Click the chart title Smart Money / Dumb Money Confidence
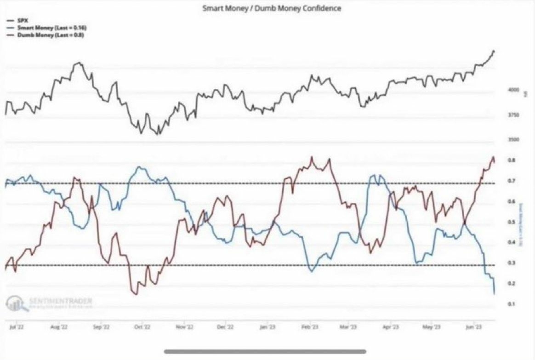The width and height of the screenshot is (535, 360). (272, 8)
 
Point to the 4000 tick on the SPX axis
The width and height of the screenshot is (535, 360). (513, 91)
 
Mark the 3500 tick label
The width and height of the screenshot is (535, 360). (513, 139)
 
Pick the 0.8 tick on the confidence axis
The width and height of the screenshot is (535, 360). (511, 160)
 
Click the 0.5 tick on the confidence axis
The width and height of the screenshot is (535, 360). (511, 222)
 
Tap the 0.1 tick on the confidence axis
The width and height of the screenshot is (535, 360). (511, 304)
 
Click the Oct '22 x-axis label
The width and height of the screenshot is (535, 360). (142, 327)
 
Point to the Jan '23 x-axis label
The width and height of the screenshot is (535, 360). (267, 327)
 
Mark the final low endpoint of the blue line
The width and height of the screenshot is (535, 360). (495, 293)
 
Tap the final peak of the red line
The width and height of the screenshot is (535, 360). (493, 157)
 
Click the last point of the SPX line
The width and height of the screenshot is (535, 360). (494, 51)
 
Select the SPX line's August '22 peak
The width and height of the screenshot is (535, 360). (79, 63)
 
